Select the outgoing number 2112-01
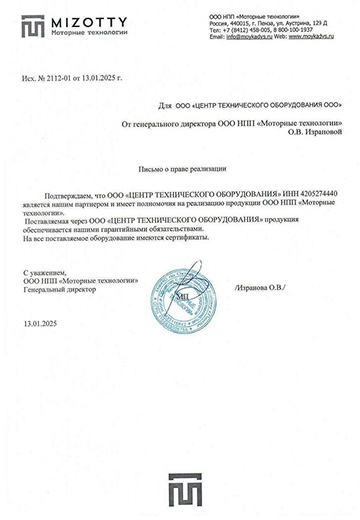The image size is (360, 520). [62, 77]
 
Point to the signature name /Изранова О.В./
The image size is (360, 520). [261, 288]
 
